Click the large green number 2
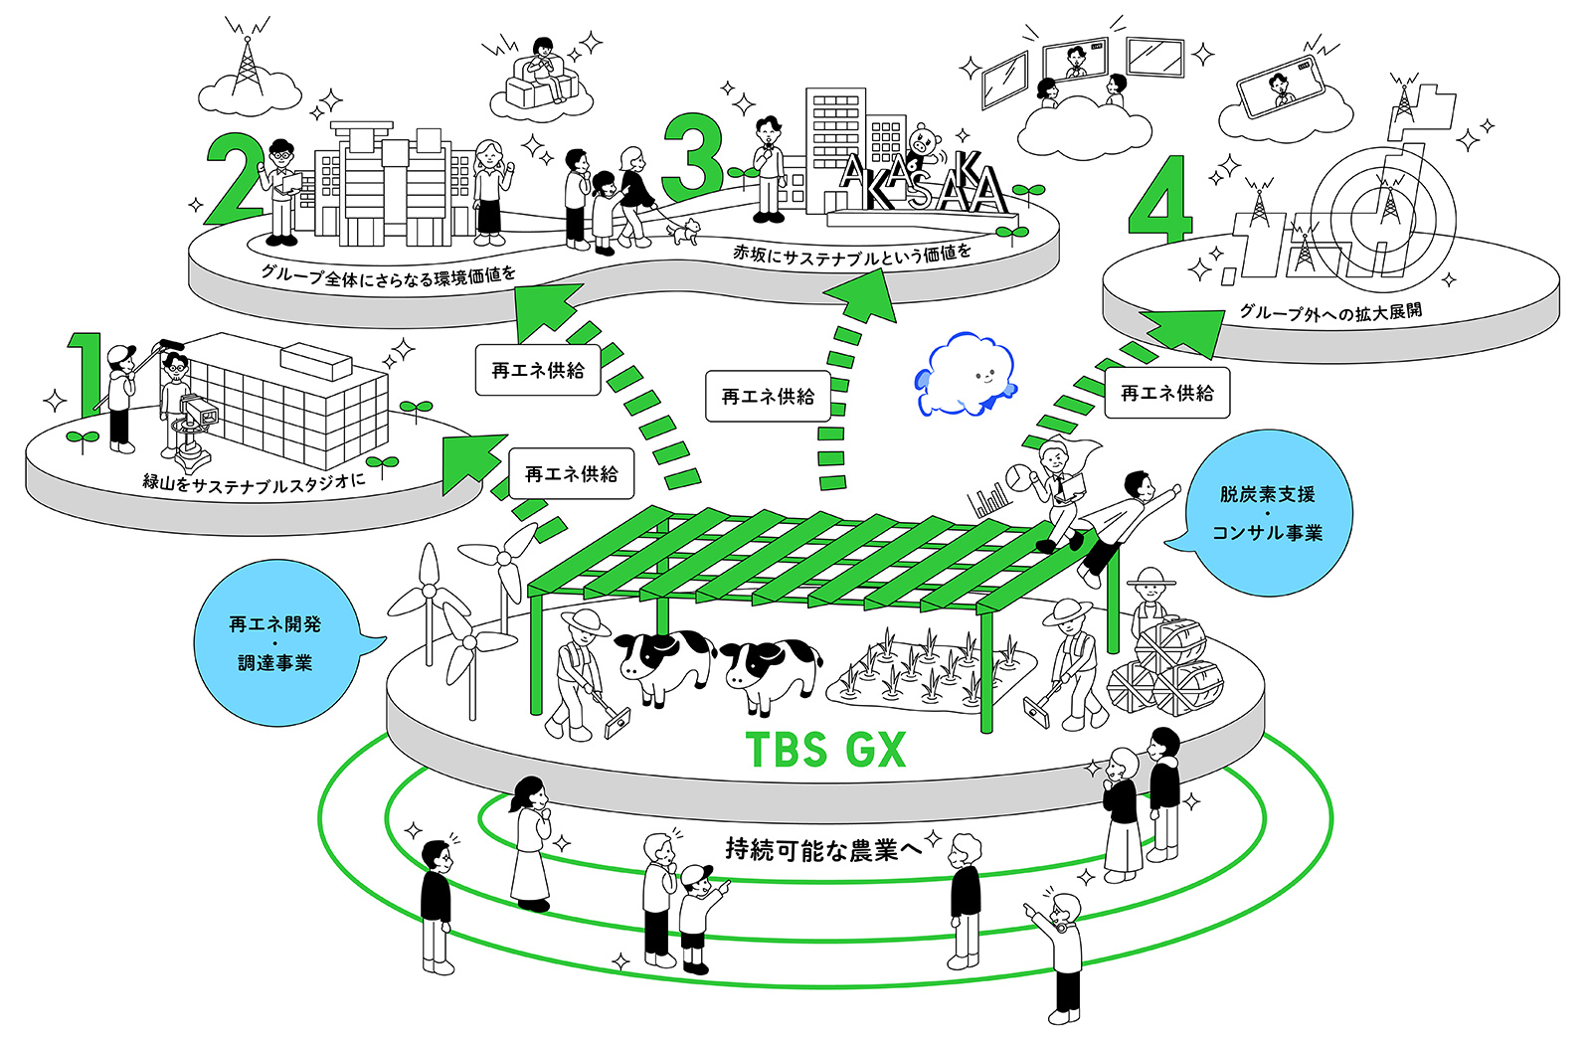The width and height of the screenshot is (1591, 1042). coord(233,179)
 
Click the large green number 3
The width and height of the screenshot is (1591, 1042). coord(693,159)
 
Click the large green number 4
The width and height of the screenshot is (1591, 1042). coord(1159,200)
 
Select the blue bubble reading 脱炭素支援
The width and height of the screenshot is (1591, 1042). coord(1268,513)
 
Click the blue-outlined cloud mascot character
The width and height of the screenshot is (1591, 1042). coord(965,376)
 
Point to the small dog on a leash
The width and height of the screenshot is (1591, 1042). coord(682,233)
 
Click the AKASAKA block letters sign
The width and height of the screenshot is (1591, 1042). coord(923,186)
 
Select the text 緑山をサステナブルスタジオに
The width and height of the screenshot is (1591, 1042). coord(254,482)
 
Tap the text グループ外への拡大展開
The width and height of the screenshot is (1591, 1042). coord(1329,312)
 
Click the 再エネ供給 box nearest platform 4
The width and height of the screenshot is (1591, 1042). coord(1167,394)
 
